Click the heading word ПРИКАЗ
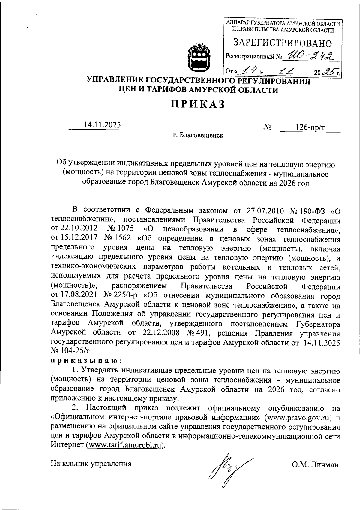tap(198, 104)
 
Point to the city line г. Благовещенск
tap(198, 136)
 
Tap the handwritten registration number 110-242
tap(310, 55)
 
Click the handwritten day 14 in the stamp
tap(249, 71)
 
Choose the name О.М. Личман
tap(315, 465)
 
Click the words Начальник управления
tap(91, 464)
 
